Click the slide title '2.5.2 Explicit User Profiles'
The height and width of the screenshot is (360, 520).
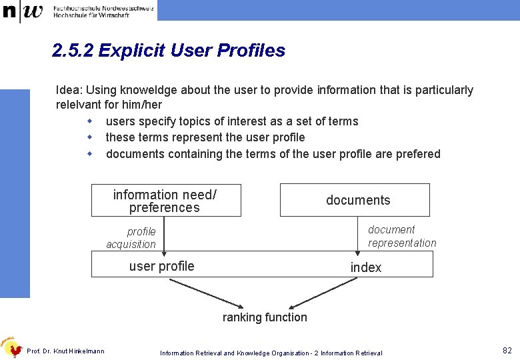click(169, 51)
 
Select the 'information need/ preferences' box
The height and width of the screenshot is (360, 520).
click(165, 201)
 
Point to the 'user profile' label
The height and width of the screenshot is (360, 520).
click(161, 266)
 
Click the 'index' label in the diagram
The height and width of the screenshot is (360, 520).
click(366, 267)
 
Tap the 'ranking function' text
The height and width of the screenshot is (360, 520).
click(265, 317)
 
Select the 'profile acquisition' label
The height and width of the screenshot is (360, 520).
click(132, 238)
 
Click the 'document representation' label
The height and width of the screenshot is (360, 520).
click(401, 236)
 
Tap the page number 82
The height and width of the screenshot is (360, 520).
click(507, 351)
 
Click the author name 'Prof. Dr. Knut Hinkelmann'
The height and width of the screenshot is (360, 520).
click(65, 351)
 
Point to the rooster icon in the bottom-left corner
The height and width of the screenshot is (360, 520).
click(12, 347)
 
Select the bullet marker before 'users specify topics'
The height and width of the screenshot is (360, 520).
click(89, 121)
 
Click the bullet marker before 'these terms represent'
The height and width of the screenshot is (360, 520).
click(89, 137)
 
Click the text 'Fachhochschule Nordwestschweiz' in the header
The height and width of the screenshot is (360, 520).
click(103, 7)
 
